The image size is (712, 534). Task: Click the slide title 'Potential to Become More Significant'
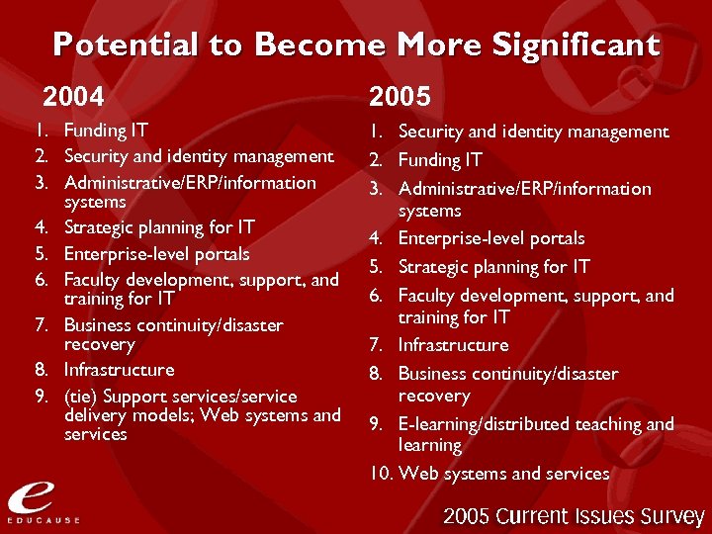pyautogui.click(x=356, y=44)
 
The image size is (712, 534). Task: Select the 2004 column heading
pyautogui.click(x=72, y=96)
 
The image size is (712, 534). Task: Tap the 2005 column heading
pyautogui.click(x=400, y=96)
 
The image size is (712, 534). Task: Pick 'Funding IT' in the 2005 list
pyautogui.click(x=440, y=160)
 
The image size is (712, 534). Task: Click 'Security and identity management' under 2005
pyautogui.click(x=533, y=132)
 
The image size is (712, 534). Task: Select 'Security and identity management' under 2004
pyautogui.click(x=199, y=156)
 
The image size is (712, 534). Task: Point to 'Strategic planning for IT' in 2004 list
pyautogui.click(x=157, y=227)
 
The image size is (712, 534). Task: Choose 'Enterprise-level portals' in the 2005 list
pyautogui.click(x=490, y=238)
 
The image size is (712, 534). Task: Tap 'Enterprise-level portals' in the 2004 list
pyautogui.click(x=156, y=254)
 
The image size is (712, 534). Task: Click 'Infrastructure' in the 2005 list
pyautogui.click(x=453, y=345)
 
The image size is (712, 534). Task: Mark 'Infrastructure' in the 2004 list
pyautogui.click(x=119, y=370)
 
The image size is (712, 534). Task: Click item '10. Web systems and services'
pyautogui.click(x=489, y=474)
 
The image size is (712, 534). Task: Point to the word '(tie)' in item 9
pyautogui.click(x=80, y=396)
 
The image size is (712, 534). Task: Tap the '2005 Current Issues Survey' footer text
pyautogui.click(x=574, y=516)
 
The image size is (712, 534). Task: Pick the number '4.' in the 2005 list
pyautogui.click(x=376, y=238)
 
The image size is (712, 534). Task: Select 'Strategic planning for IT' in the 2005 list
pyautogui.click(x=493, y=267)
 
